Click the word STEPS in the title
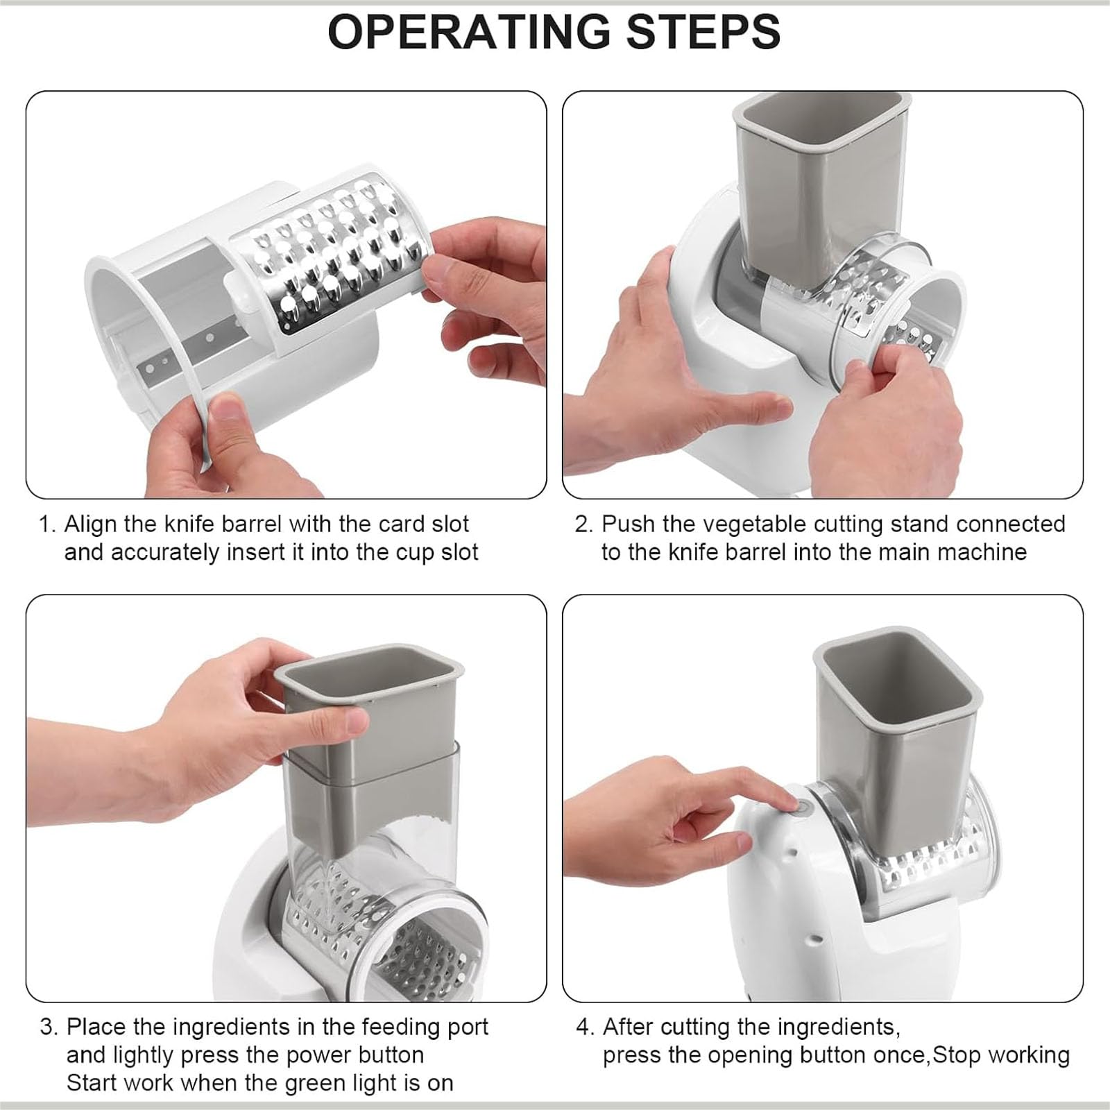pos(704,31)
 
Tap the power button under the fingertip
pos(803,808)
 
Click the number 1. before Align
pos(47,524)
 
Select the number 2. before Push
pos(583,524)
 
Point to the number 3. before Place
pos(49,1027)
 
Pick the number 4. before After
pos(586,1027)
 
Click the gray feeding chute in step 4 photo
pos(895,735)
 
